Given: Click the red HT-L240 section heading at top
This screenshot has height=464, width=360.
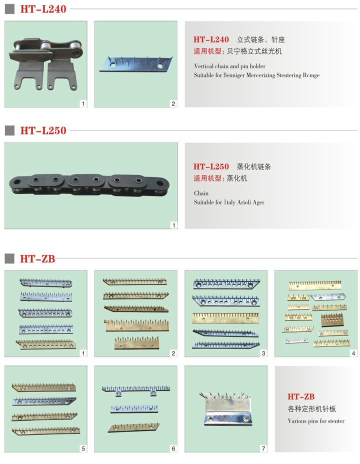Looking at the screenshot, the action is (43, 9).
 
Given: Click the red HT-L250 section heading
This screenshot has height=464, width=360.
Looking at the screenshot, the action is (43, 130).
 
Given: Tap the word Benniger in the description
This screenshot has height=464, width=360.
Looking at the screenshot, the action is (233, 75).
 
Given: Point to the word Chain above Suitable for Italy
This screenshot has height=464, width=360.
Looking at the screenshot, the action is (201, 193).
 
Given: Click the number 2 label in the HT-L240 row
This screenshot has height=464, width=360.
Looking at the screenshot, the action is (173, 103).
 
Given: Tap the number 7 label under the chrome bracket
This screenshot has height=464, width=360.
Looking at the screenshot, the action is (263, 448).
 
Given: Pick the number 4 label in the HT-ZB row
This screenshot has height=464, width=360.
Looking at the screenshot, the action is (353, 353).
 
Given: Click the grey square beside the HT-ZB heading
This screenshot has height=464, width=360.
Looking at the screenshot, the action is (9, 258).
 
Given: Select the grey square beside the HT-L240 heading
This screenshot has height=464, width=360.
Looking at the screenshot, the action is (9, 9).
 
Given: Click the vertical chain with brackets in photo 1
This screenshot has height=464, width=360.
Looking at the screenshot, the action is (46, 63).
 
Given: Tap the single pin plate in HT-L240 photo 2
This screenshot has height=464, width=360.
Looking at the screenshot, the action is (136, 64).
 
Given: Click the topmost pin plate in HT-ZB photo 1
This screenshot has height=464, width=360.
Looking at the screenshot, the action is (46, 282).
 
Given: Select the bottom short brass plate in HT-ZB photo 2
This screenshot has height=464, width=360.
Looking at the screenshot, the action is (136, 342).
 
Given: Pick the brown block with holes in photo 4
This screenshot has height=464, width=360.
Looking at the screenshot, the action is (331, 319).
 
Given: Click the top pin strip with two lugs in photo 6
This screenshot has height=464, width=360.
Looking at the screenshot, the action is (136, 390).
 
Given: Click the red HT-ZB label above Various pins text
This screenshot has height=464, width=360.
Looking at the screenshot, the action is (301, 396).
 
